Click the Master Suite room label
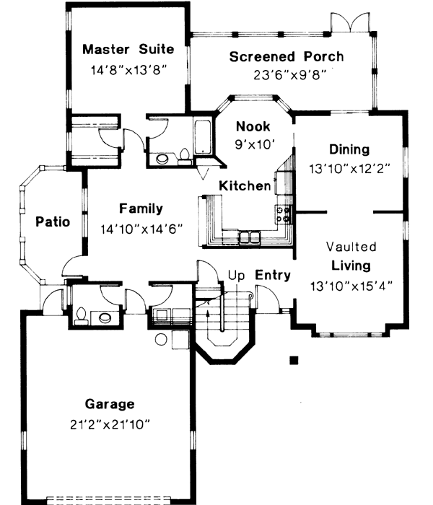[x=128, y=49]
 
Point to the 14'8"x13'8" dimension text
[x=128, y=71]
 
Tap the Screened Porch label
[x=287, y=56]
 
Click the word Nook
[x=253, y=127]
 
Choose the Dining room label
[x=349, y=149]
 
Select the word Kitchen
[x=245, y=185]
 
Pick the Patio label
[x=53, y=221]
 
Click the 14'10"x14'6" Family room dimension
[x=141, y=229]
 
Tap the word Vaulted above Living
[x=351, y=247]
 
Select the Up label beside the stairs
[x=236, y=275]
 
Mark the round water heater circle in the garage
[x=162, y=338]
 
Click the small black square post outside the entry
[x=293, y=360]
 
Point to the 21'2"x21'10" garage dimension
[x=109, y=424]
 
